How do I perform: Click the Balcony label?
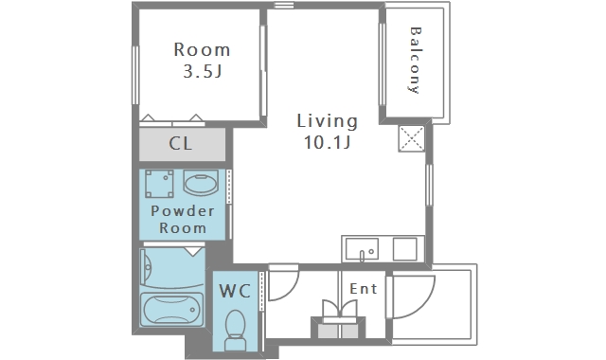point(415,60)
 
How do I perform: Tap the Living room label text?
point(327,121)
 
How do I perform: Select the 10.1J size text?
point(327,142)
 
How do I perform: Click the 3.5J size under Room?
point(202,71)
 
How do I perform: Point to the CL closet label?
point(181,143)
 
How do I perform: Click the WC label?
point(235,291)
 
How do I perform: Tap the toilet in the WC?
point(235,330)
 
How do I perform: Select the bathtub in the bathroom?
point(171,310)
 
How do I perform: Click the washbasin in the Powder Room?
point(201,183)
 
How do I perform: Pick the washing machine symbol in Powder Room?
point(159,184)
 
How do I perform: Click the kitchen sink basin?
point(362,249)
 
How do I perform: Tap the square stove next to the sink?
point(405,249)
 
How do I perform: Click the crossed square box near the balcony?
point(412,138)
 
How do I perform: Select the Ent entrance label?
point(363,288)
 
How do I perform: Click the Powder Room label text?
point(183,219)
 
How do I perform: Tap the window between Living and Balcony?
point(383,64)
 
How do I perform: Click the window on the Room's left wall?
point(135,75)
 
